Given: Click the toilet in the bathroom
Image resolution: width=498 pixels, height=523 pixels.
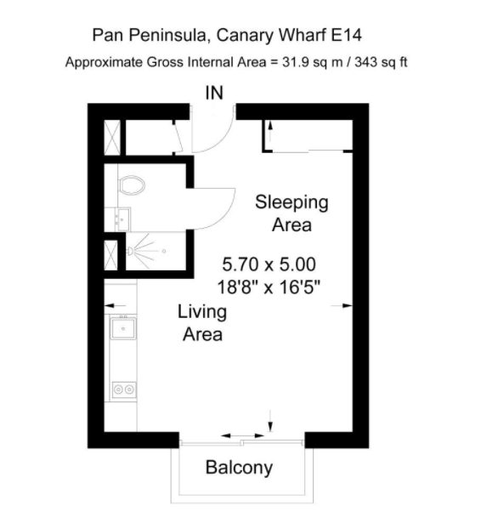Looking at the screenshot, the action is point(132,185).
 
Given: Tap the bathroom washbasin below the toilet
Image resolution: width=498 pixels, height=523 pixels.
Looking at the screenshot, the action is point(122,219).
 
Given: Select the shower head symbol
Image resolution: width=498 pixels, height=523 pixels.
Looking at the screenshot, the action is point(130,251).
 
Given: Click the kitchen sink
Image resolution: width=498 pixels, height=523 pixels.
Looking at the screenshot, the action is point(123,328).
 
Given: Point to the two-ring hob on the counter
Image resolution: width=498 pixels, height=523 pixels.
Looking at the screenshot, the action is point(124,389).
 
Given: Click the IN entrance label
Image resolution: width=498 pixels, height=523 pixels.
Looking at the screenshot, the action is point(214,93).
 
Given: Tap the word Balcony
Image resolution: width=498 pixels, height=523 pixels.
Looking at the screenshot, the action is point(239,468).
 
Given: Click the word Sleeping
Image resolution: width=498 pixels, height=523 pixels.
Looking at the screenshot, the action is point(291,202).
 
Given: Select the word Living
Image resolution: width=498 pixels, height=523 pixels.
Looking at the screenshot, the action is point(202,312).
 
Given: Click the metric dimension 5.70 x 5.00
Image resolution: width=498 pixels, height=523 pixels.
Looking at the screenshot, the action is point(269,264).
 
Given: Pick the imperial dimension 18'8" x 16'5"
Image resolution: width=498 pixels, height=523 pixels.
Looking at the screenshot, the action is point(269,287).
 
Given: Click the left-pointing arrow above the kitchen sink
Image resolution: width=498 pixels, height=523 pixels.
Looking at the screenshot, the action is point(115,305).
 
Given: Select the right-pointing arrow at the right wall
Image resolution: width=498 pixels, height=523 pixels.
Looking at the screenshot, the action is point(342,305).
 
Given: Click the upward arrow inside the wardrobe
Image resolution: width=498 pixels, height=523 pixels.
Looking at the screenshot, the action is point(270,132).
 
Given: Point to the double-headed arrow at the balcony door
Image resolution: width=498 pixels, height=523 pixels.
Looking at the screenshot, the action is point(243,435).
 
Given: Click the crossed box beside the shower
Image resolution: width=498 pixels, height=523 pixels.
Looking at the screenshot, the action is point(111,255).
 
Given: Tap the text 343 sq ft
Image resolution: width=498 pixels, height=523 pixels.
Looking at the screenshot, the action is point(381,62).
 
